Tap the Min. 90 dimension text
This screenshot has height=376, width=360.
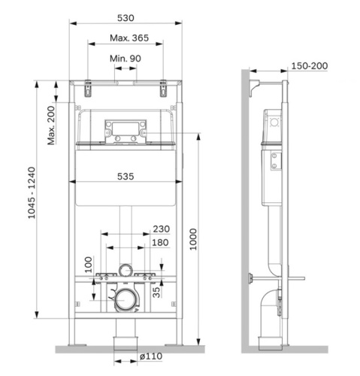(x=126, y=58)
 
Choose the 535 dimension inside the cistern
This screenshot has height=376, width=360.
(x=126, y=176)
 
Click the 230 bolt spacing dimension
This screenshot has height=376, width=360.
(x=160, y=229)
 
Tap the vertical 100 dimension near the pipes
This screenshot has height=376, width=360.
(x=87, y=263)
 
